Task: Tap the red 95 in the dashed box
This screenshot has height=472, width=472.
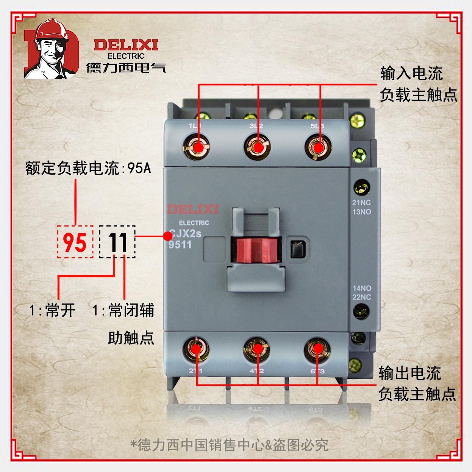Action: (x=75, y=242)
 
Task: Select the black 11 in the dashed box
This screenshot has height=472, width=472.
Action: (x=117, y=242)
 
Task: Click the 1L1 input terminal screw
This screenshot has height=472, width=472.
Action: (x=196, y=147)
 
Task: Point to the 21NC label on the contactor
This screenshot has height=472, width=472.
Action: (x=361, y=203)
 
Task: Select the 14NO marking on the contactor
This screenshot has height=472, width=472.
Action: (x=362, y=288)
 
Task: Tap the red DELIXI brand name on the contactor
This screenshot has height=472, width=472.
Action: (x=193, y=209)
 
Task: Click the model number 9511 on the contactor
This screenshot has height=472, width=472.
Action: (x=180, y=245)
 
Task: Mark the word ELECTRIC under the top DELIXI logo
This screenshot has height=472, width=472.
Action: (x=126, y=56)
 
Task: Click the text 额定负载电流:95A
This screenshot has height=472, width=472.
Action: (x=88, y=168)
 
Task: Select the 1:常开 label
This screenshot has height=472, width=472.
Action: (x=53, y=310)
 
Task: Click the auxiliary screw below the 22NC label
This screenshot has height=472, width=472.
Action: (x=361, y=312)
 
